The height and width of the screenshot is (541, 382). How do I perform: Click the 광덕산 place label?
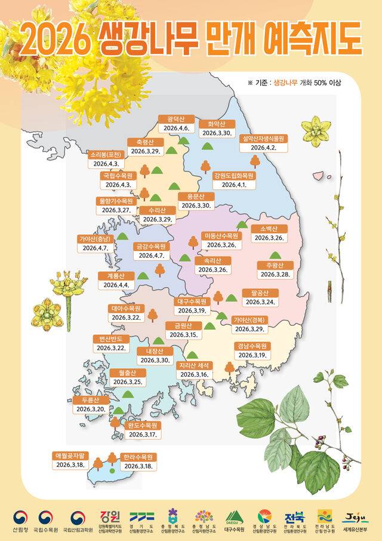176,119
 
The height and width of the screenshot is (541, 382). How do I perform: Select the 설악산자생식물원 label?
263,138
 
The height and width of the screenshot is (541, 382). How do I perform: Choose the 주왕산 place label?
275,265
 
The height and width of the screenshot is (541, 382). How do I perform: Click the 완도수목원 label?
142,425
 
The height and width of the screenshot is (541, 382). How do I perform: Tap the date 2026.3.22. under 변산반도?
110,347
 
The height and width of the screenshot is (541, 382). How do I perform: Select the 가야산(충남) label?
95,239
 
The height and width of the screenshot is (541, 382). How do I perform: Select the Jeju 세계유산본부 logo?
355,520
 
